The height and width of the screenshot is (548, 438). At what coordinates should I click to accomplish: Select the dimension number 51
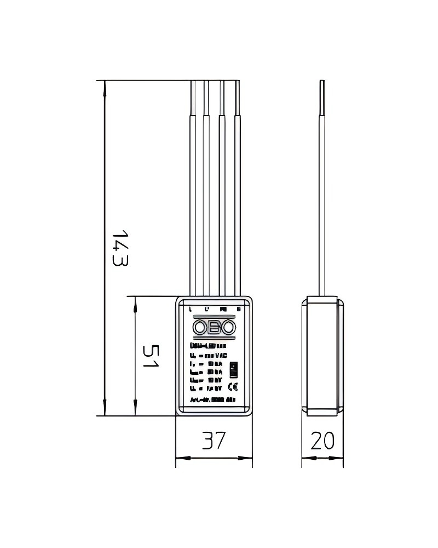[x=149, y=356]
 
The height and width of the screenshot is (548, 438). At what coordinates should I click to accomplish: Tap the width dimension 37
[x=214, y=441]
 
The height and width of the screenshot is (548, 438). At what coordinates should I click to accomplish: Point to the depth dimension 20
[x=322, y=441]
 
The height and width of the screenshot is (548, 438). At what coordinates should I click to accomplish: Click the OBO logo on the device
[x=214, y=328]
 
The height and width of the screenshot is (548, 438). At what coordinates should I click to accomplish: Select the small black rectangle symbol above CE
[x=233, y=368]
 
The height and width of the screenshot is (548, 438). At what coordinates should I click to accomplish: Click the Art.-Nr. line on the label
[x=212, y=401]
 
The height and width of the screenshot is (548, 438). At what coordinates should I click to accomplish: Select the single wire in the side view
[x=322, y=186]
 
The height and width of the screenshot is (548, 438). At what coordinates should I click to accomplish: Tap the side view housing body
[x=322, y=356]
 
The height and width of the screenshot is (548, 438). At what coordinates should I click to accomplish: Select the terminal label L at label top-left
[x=190, y=310]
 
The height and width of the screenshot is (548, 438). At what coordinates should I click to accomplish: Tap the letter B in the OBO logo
[x=214, y=328]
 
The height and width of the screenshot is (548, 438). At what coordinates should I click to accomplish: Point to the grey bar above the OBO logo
[x=214, y=317]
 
